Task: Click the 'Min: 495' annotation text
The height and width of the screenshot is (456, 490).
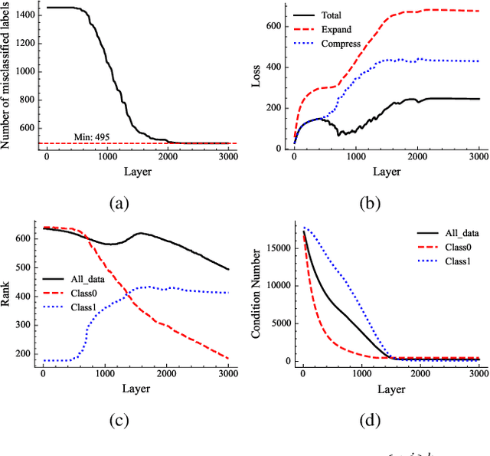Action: pos(92,136)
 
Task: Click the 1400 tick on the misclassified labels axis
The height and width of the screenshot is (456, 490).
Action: pos(24,13)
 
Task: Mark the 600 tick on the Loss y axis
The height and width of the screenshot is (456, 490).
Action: pos(280,25)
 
